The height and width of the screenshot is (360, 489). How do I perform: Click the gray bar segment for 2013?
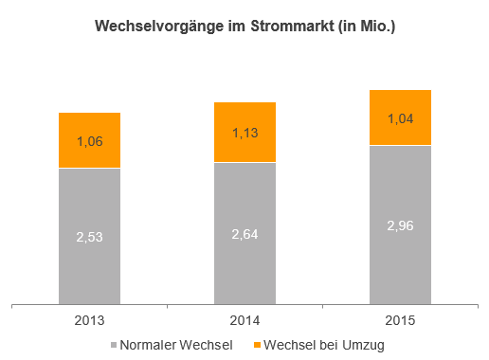(89, 236)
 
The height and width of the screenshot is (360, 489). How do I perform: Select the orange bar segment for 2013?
(89, 140)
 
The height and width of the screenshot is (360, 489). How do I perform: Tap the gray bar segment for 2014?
(244, 234)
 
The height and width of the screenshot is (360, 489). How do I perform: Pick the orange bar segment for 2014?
(244, 132)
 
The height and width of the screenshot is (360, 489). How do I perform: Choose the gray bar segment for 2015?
(400, 225)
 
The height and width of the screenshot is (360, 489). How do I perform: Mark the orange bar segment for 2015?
(400, 117)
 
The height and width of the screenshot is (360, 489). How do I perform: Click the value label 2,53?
(89, 237)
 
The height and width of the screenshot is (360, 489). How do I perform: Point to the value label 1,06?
(90, 141)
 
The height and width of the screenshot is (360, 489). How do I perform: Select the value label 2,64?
(244, 234)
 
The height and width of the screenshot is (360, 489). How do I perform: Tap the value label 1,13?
(245, 133)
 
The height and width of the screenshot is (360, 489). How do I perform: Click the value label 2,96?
(400, 225)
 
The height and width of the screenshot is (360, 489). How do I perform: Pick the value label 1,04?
(401, 118)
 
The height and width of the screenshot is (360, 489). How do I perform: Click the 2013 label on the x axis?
(89, 320)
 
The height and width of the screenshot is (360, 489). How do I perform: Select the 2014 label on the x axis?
(244, 320)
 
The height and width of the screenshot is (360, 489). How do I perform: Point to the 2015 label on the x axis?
(400, 320)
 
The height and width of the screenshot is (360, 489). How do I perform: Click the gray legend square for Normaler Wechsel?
(114, 345)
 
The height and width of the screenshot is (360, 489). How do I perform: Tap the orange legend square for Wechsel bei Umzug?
(258, 345)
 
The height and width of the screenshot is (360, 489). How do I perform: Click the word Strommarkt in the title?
(292, 26)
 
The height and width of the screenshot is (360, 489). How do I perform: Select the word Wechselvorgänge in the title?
(159, 27)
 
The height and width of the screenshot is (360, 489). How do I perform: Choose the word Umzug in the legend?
(363, 346)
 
